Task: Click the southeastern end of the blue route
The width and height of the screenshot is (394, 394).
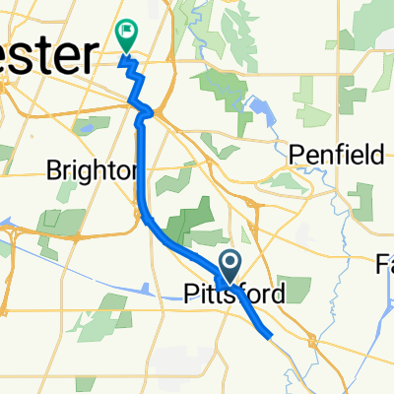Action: [x=269, y=335]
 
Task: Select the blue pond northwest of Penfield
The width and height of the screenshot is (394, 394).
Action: [x=260, y=108]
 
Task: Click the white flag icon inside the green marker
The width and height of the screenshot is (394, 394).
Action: [x=127, y=32]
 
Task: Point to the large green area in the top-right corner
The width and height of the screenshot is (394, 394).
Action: [x=364, y=30]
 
